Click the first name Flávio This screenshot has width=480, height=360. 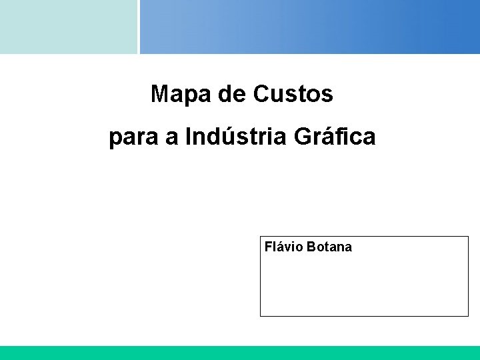pos(285,247)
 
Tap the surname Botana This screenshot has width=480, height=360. pos(330,247)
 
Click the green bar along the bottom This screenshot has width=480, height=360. pos(240,353)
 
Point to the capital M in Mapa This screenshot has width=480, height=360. pos(159,95)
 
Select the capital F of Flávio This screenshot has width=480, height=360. pos(269,247)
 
